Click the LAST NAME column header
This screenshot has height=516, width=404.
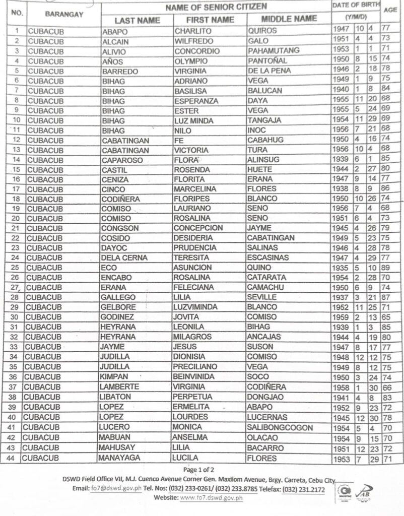point(137,20)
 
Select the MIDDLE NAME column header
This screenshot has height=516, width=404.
point(289,19)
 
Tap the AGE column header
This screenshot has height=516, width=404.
point(390,10)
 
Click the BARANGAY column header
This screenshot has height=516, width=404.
point(63,15)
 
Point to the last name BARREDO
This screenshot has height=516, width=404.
point(120,71)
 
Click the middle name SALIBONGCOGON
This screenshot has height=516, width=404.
point(280,428)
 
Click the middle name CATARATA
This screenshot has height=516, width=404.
point(267,278)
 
